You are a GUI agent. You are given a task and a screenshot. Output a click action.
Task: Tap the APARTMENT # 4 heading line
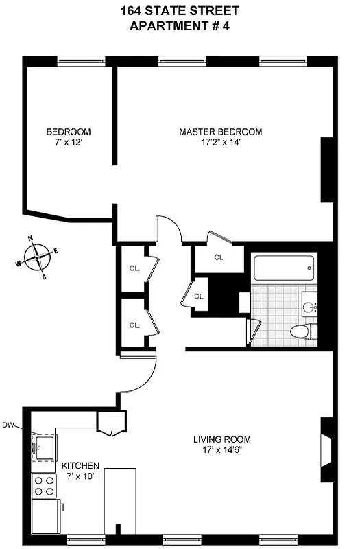pos(180,26)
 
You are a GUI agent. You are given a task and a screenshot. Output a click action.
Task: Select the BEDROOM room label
pos(69,132)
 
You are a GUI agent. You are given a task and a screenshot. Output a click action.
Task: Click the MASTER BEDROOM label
pos(220,132)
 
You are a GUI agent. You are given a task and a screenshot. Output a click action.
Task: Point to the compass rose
pos(37,257)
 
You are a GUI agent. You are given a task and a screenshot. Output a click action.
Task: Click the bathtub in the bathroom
pos(283,268)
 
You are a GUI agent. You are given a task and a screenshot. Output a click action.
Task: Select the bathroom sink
pos(311,306)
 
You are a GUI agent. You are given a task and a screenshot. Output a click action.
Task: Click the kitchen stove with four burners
pos(45,486)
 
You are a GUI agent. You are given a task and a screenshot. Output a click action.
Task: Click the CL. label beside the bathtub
pos(219,257)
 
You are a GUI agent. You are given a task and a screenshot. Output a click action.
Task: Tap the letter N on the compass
pos(30,239)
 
